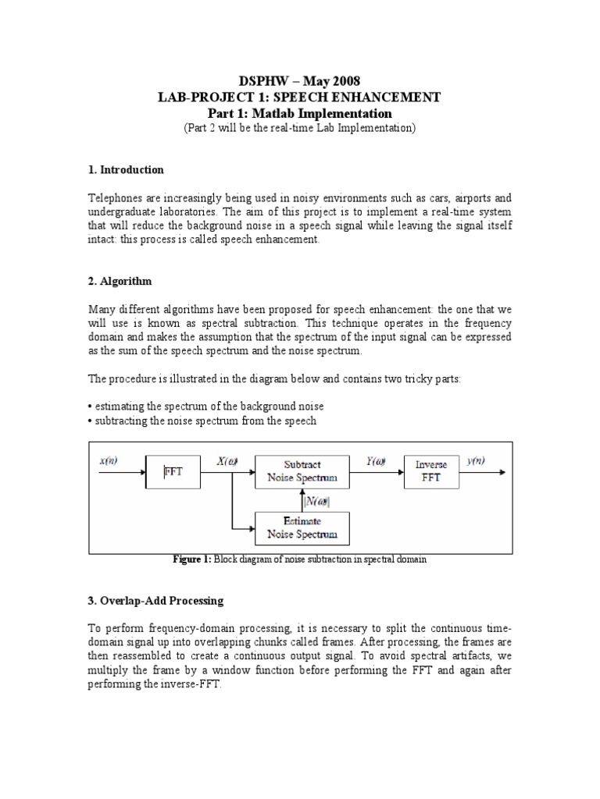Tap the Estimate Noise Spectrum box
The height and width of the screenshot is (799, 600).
pyautogui.click(x=302, y=527)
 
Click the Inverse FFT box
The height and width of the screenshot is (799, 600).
pyautogui.click(x=431, y=471)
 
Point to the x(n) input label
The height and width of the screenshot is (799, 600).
pyautogui.click(x=109, y=461)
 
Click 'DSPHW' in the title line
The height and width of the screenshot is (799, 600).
pyautogui.click(x=263, y=80)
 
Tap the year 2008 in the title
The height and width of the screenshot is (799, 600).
pyautogui.click(x=346, y=80)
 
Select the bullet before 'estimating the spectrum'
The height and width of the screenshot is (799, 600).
pyautogui.click(x=90, y=407)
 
